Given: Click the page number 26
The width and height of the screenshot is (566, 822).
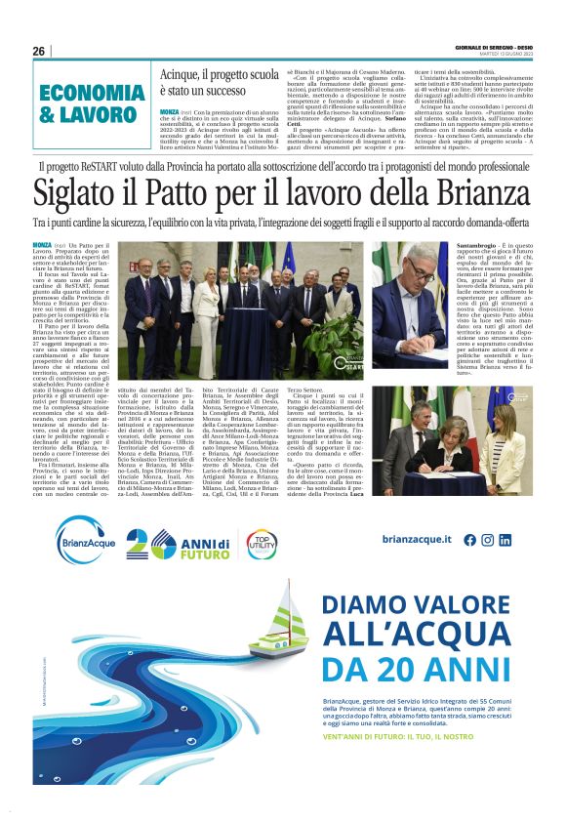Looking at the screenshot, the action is [39, 52].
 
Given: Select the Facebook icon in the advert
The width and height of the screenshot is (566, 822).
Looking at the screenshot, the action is [470, 540].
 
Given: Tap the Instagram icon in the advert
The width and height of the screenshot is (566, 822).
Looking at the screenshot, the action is [489, 540].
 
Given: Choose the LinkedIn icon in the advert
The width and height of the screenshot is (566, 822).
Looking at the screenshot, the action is [506, 540].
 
